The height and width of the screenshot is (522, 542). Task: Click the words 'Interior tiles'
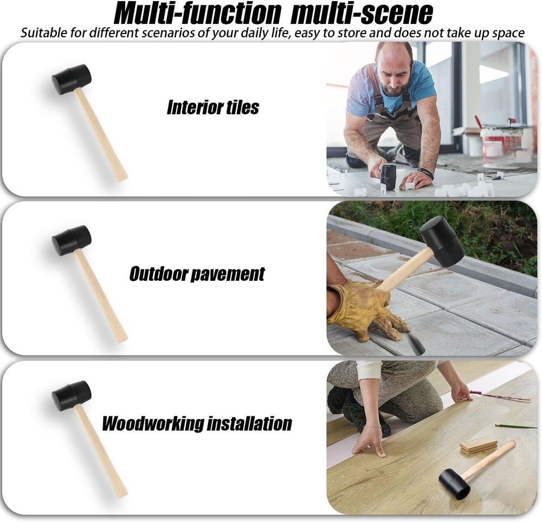click(212, 107)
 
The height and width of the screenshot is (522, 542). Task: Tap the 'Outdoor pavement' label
click(197, 274)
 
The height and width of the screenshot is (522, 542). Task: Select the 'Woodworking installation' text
click(197, 423)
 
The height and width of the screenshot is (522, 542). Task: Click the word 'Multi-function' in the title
click(197, 14)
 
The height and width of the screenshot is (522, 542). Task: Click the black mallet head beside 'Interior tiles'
click(71, 79)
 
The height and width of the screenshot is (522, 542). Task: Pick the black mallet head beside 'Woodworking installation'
click(71, 395)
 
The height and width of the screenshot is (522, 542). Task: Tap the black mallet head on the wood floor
click(454, 483)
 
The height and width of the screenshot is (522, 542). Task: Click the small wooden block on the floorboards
click(478, 444)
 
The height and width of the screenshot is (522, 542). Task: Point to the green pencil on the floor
click(515, 427)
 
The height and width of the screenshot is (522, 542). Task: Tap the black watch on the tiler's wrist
click(426, 173)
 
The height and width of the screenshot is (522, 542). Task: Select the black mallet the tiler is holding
click(388, 176)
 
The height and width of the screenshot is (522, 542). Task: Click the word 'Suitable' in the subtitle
click(41, 33)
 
